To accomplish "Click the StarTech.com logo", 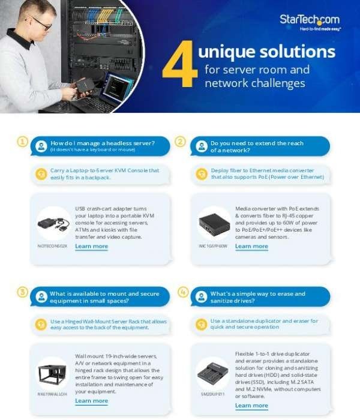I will tap(310, 21).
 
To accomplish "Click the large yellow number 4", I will tap(179, 65).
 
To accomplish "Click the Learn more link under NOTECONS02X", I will tap(91, 246).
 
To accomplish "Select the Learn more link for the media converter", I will tap(251, 246).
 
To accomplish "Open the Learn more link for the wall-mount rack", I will tap(91, 401).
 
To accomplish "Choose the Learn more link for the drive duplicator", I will tap(251, 406).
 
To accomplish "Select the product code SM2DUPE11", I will tap(212, 394).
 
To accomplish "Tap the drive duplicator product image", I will tap(213, 374).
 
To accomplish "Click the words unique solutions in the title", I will tap(266, 52).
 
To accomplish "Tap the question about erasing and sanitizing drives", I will tap(258, 296).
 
